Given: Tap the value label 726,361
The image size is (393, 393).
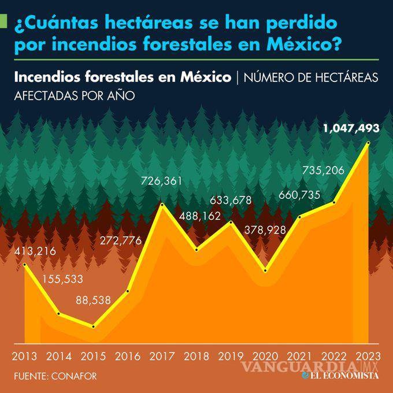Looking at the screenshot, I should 162,181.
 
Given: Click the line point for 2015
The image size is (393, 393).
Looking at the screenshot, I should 93,327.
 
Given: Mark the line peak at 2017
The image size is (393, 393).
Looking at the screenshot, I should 162,205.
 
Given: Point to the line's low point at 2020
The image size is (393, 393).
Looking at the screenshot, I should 265,270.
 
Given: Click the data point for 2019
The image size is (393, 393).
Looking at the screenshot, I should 231,222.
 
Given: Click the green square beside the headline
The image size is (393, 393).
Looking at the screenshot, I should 3,21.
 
